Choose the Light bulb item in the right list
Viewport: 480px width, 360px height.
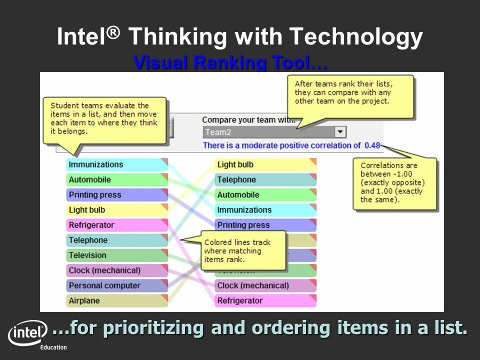pos(265,164)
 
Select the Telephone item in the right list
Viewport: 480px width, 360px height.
pos(265,180)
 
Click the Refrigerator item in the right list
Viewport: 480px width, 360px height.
pos(265,301)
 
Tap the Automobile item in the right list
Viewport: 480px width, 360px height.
pos(265,195)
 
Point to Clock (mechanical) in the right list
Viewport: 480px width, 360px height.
pos(265,286)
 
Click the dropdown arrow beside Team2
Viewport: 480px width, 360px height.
pos(340,132)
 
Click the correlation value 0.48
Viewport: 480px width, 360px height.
pos(372,145)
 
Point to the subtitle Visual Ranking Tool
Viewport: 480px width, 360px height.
pos(230,63)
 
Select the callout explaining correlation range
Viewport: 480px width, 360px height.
pos(394,183)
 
